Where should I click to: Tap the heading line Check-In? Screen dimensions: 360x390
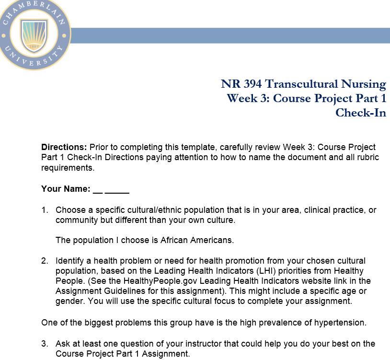(360, 113)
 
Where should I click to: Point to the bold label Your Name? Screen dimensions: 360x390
(66, 189)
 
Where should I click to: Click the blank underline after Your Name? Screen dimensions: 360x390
(111, 189)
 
